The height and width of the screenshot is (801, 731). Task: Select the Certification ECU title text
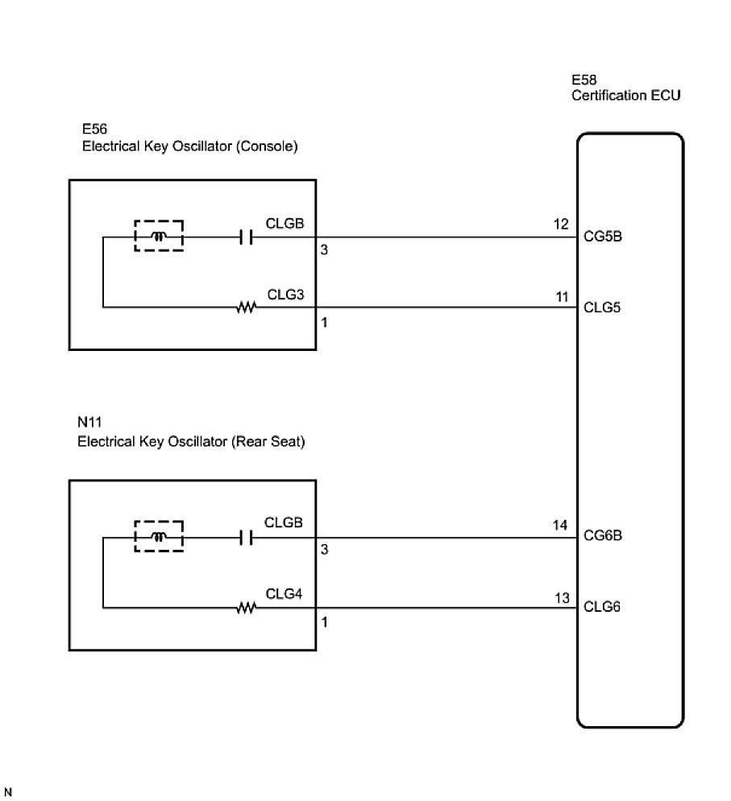coord(625,96)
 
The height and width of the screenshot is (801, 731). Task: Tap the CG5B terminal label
coord(601,238)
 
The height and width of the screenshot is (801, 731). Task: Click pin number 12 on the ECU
coord(561,225)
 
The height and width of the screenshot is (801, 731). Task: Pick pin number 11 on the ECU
coord(561,295)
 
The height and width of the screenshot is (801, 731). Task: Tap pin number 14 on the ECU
coord(561,524)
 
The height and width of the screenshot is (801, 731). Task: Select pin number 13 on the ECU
coord(561,597)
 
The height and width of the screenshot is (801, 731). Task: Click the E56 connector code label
coord(94,130)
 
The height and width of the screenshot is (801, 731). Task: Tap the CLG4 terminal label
coord(285,594)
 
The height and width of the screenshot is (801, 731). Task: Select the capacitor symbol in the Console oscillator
coord(247,237)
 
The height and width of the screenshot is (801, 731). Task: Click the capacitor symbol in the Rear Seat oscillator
coord(247,537)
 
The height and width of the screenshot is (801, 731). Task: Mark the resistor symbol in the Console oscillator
coord(246,308)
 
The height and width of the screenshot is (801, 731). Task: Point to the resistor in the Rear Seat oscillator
coord(246,609)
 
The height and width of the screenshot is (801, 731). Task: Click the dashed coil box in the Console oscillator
coord(159,236)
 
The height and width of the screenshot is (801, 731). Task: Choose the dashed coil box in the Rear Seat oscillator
coord(159,536)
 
